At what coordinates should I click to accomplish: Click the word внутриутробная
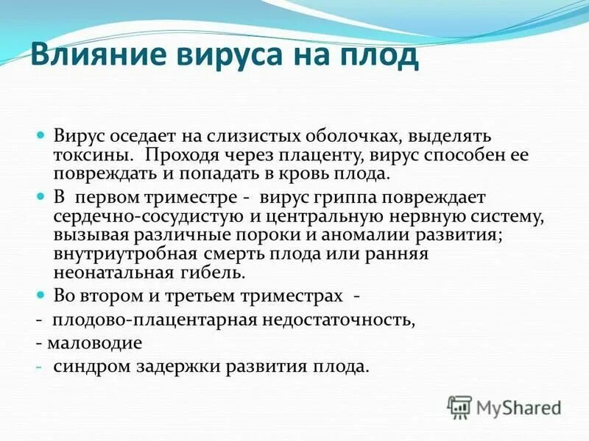[x=124, y=254]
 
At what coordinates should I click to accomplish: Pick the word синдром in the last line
[x=86, y=365]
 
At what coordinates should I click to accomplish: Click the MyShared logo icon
[x=459, y=407]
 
